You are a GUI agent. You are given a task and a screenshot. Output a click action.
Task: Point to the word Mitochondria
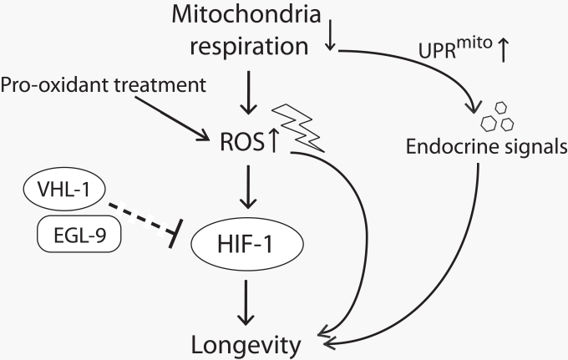(x=235, y=13)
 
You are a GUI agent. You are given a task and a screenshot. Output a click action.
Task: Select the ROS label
(x=236, y=143)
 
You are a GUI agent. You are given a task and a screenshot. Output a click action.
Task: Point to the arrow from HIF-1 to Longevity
(x=245, y=300)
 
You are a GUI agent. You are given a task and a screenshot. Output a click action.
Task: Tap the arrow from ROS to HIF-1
(x=245, y=189)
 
